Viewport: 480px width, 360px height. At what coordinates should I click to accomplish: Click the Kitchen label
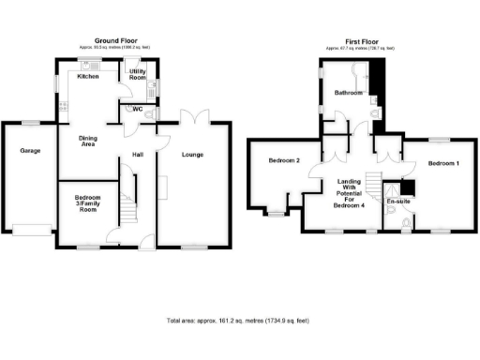88,76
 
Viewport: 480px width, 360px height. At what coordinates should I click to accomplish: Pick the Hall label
137,155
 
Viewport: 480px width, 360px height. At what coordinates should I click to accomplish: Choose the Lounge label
192,155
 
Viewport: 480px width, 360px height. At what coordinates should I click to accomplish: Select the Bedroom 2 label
284,160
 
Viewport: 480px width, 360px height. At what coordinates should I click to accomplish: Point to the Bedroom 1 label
443,163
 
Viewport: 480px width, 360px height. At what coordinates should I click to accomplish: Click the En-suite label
398,201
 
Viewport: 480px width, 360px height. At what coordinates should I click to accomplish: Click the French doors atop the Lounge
193,118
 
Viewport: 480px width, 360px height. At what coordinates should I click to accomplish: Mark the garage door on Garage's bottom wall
30,226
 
